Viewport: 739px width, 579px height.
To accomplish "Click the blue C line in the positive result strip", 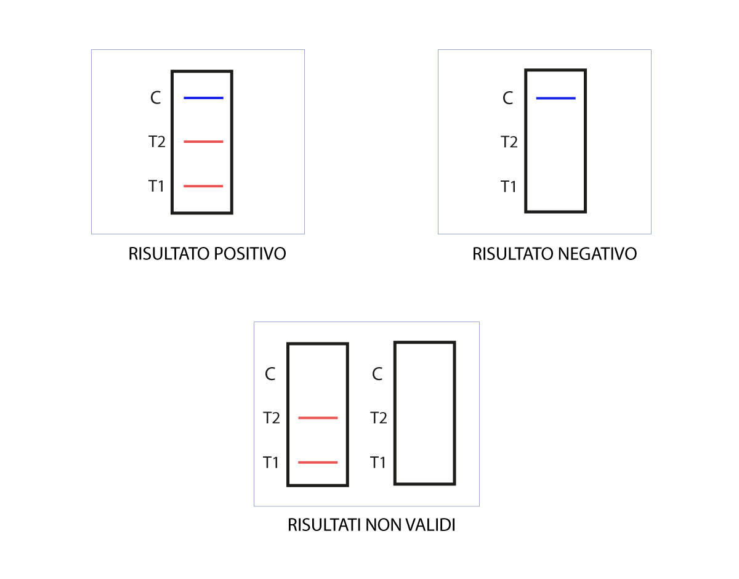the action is click(x=203, y=98).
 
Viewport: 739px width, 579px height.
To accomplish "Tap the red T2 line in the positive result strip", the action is click(x=203, y=142).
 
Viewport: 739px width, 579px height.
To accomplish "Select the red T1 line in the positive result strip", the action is click(x=203, y=186).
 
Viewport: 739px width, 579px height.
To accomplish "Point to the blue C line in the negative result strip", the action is click(x=555, y=99).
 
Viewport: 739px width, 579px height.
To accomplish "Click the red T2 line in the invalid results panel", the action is click(x=318, y=418).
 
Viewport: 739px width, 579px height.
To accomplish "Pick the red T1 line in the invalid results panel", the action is click(x=318, y=463).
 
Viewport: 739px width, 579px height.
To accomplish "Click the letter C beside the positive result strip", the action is click(x=155, y=98).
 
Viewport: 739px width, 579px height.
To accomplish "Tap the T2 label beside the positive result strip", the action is click(x=157, y=142).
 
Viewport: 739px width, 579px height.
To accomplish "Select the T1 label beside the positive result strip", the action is click(x=156, y=186).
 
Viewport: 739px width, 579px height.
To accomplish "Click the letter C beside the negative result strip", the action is click(x=507, y=99).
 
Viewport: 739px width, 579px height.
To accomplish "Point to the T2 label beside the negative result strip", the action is click(x=509, y=142).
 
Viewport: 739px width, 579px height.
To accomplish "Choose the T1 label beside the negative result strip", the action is click(x=509, y=187).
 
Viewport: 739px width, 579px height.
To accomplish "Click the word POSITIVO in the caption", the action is click(x=250, y=254).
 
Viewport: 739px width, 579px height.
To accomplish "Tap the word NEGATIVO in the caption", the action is click(x=597, y=254).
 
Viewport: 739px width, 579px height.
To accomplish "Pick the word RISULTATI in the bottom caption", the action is click(x=325, y=525).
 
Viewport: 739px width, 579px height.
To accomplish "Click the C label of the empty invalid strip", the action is click(x=377, y=374).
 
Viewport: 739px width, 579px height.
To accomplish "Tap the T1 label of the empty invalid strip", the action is click(x=378, y=463).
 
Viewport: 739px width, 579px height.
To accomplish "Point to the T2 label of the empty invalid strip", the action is click(x=379, y=418).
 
